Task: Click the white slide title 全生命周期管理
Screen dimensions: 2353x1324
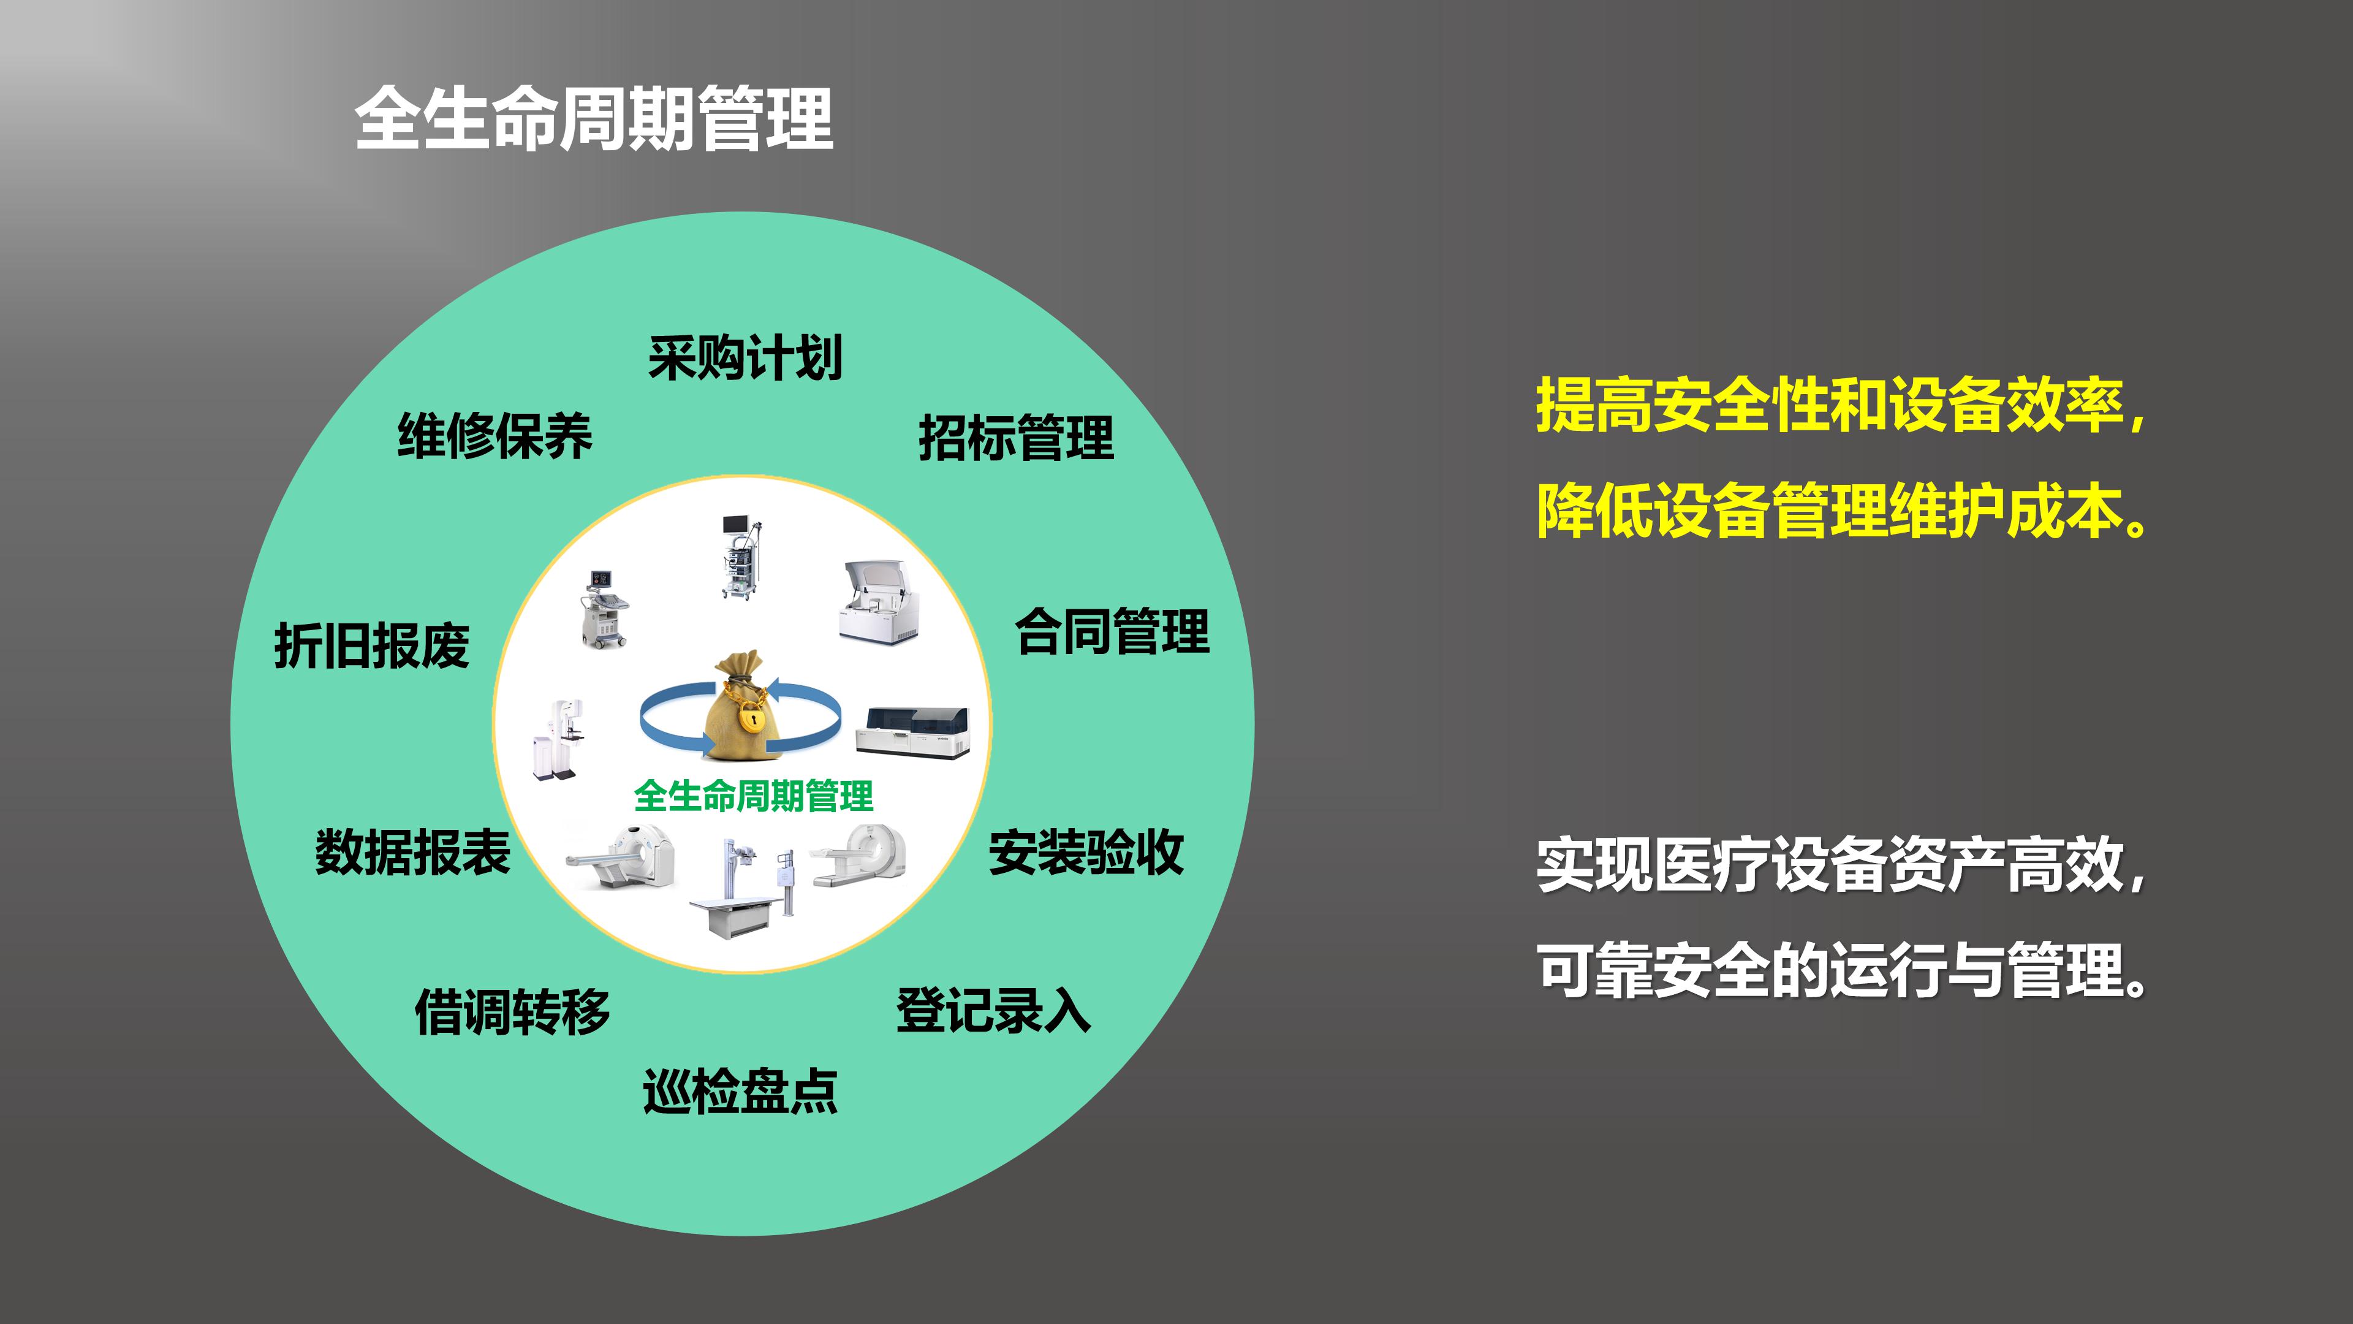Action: (594, 119)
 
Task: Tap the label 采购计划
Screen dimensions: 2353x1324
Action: (745, 357)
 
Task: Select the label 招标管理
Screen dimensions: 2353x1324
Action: (1016, 438)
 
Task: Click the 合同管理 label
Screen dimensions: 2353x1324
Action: (1113, 631)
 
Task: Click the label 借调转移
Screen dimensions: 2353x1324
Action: (512, 1011)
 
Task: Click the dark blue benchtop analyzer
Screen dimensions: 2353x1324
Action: (912, 731)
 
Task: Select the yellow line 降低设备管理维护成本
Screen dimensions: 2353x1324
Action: (1841, 511)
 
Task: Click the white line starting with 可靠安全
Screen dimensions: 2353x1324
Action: (1841, 970)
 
